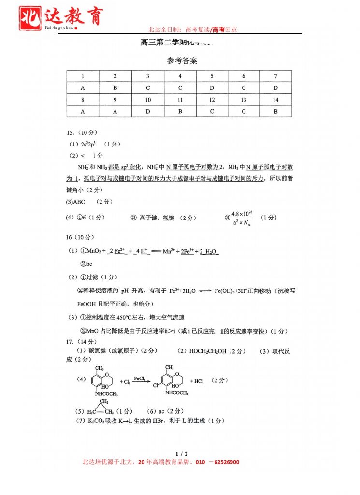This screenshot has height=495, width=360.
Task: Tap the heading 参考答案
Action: (x=182, y=61)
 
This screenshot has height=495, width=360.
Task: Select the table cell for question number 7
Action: (x=275, y=76)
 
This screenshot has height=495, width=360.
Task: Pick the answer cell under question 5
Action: (x=212, y=88)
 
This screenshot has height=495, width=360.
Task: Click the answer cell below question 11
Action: (x=180, y=111)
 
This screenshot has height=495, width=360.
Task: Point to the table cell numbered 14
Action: (x=275, y=100)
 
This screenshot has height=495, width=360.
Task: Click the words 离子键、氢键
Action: (x=158, y=218)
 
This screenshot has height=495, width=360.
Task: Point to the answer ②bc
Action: (x=86, y=264)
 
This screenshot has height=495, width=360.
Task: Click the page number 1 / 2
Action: (x=181, y=453)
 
